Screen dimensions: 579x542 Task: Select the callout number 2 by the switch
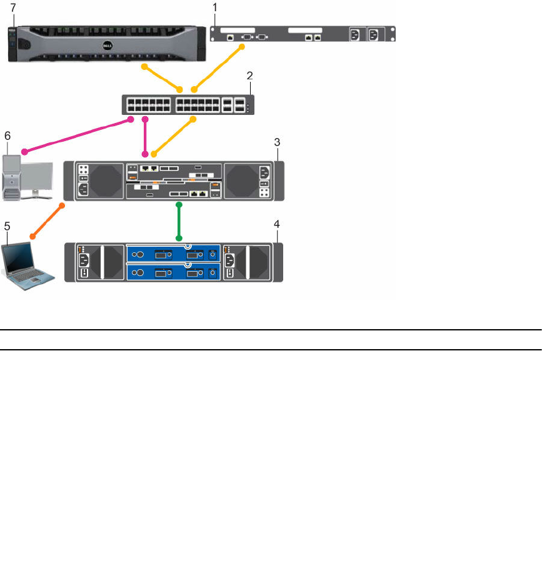(x=249, y=76)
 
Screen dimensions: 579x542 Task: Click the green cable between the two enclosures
(x=179, y=221)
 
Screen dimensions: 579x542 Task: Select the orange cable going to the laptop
(x=48, y=220)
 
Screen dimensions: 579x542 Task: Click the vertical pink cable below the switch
(x=146, y=135)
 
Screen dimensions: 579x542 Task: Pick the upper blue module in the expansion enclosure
(x=175, y=255)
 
